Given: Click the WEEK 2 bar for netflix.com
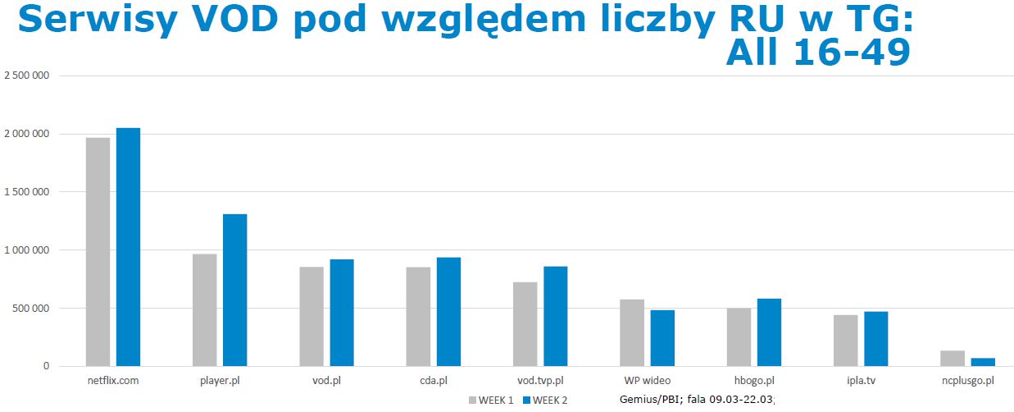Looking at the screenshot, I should (128, 246).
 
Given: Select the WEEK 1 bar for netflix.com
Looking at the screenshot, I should (98, 251).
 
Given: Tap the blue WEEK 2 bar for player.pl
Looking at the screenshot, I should (234, 290).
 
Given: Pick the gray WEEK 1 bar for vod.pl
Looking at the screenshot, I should (311, 316).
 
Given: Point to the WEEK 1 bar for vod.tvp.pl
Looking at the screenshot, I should (525, 324).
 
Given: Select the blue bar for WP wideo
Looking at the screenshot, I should (662, 338).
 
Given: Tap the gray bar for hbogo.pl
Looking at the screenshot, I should (739, 337).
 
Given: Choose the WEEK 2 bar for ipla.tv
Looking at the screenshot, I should (875, 339).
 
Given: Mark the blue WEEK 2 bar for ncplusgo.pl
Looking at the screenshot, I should (982, 362).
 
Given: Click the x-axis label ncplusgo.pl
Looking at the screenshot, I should (968, 381).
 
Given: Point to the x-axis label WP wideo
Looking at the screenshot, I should (647, 381).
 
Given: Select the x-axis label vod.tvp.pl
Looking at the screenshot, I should (540, 381).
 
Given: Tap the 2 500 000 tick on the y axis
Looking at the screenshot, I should (27, 76).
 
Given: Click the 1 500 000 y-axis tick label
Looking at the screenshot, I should (27, 192).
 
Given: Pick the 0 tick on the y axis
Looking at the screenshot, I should (48, 366).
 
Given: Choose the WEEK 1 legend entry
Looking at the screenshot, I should (492, 401).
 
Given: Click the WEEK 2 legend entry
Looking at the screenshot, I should (544, 401).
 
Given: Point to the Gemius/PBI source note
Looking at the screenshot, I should (697, 400).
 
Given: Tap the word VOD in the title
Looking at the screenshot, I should (238, 21).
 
